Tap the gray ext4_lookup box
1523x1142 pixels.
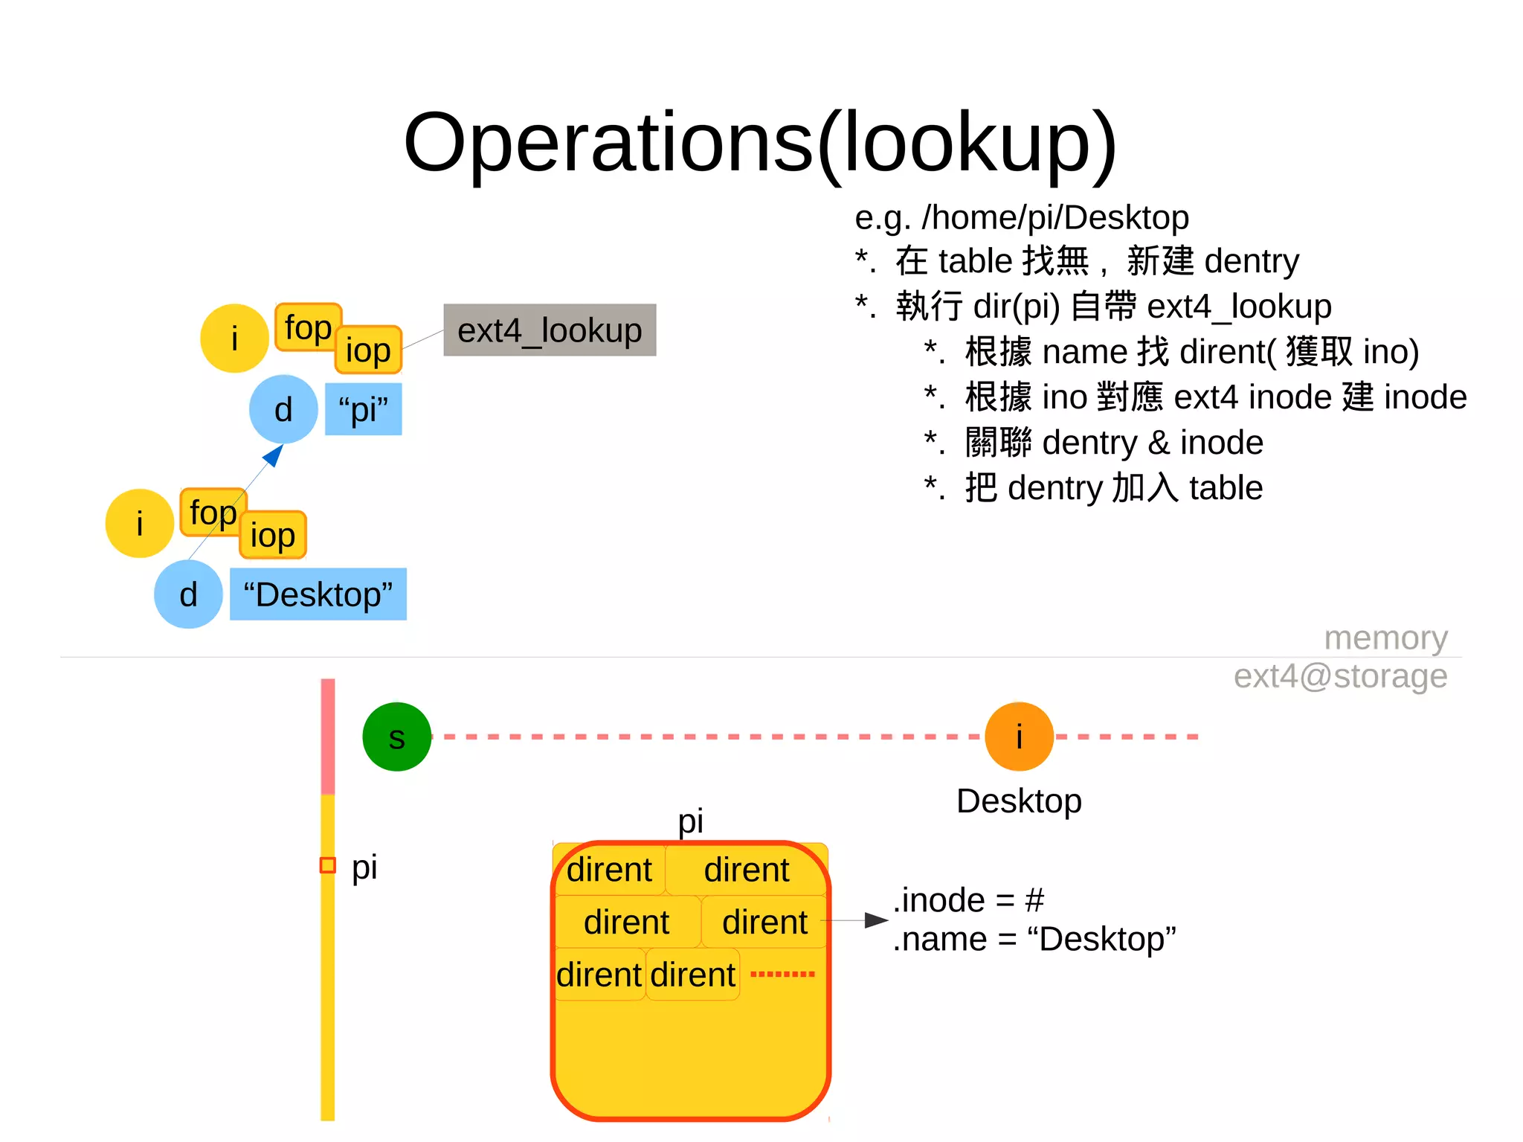550,330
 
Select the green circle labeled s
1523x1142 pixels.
396,737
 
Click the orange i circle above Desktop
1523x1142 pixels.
1018,737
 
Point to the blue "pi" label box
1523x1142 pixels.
364,409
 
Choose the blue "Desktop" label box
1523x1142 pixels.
318,594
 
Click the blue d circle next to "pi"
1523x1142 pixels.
283,409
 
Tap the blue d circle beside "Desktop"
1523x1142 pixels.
188,594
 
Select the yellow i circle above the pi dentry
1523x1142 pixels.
234,339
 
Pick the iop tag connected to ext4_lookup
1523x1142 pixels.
368,350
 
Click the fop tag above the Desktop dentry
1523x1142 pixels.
213,512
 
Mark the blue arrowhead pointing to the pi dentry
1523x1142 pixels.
274,455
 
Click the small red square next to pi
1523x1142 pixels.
327,865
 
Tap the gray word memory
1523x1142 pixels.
1385,638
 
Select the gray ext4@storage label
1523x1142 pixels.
1340,676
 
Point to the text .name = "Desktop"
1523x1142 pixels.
1034,940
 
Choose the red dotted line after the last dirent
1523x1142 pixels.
782,974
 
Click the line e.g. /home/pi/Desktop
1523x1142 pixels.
1021,217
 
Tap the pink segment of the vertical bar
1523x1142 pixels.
327,737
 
